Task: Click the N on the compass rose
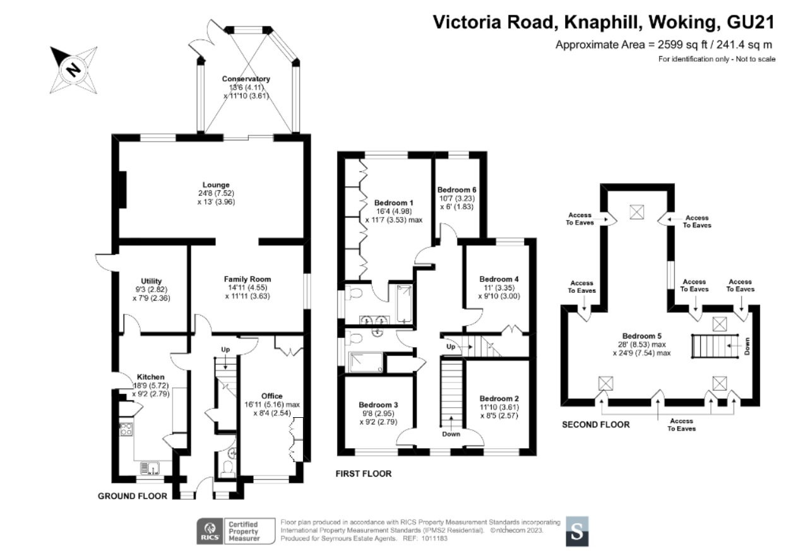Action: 73,69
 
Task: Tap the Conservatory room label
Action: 246,79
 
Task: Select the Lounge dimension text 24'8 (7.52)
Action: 216,193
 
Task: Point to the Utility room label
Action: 152,281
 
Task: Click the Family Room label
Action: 247,279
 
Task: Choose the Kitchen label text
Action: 150,377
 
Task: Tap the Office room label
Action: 272,396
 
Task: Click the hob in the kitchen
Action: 126,429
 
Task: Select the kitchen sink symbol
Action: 150,468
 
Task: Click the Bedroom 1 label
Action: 394,203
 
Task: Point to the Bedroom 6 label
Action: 456,189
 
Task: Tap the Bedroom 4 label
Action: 499,279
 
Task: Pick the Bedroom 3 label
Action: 378,405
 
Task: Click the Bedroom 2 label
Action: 499,398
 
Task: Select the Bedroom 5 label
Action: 642,336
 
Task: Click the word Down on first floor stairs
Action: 451,434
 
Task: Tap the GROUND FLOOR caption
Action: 133,496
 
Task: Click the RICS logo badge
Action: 210,531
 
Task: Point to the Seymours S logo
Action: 577,531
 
